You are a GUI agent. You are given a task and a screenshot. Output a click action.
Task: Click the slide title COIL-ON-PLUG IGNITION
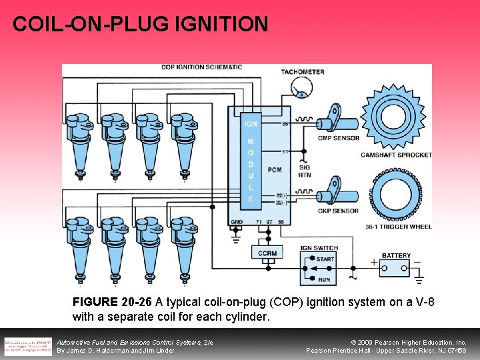click(140, 24)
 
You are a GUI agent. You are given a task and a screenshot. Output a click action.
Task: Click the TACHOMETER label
click(302, 72)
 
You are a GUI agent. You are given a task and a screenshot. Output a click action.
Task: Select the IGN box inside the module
click(251, 123)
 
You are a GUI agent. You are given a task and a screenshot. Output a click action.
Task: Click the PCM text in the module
click(274, 170)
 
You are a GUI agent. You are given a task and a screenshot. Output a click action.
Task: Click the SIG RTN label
click(305, 171)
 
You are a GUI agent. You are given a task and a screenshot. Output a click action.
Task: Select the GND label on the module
click(236, 222)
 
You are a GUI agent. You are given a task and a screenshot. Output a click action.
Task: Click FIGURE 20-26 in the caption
click(112, 302)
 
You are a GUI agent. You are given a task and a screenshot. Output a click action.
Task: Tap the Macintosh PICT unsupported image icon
click(27, 345)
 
